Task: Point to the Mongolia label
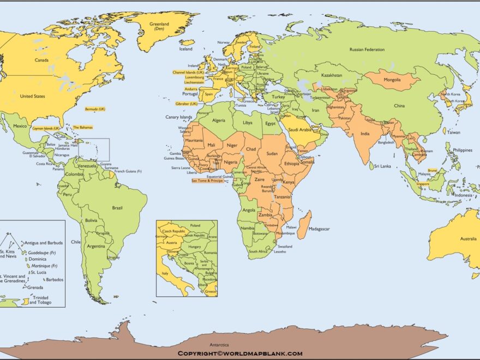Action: [392, 80]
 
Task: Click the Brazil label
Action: [117, 208]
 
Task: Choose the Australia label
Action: [468, 239]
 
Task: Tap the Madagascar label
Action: [319, 229]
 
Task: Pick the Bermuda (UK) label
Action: [95, 109]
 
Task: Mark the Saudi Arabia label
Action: [299, 130]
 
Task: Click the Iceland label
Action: [186, 49]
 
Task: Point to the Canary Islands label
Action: [179, 117]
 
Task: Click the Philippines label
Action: [462, 149]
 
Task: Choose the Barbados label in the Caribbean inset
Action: [55, 280]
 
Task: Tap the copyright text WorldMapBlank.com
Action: [239, 353]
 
